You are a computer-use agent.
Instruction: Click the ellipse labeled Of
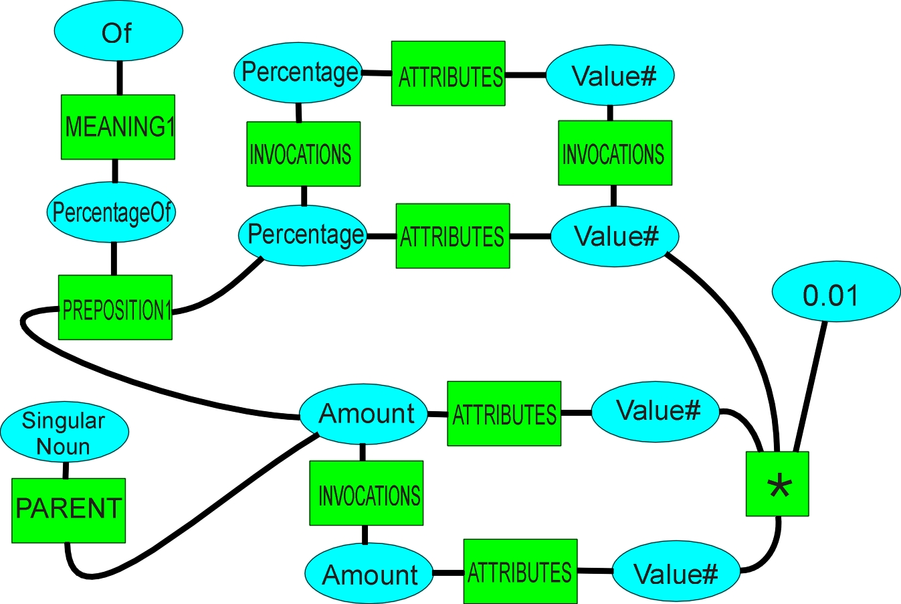118,31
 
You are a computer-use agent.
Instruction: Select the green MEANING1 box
118,127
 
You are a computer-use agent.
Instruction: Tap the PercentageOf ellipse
112,212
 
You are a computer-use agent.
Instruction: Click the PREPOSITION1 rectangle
115,307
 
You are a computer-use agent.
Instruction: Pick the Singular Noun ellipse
64,432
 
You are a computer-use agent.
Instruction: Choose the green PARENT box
68,510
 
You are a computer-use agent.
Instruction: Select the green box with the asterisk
777,484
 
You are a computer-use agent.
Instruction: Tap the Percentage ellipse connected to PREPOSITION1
303,235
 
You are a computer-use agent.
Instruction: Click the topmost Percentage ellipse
298,72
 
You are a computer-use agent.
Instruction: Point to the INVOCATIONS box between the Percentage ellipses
303,154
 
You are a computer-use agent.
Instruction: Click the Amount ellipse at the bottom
369,573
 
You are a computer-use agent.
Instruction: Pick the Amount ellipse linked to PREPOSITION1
363,414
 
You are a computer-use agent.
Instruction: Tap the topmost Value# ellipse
610,75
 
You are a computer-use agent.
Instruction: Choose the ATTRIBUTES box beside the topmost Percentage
448,74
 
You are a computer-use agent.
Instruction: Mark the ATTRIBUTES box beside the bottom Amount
520,571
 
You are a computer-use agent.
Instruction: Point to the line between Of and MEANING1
120,78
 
